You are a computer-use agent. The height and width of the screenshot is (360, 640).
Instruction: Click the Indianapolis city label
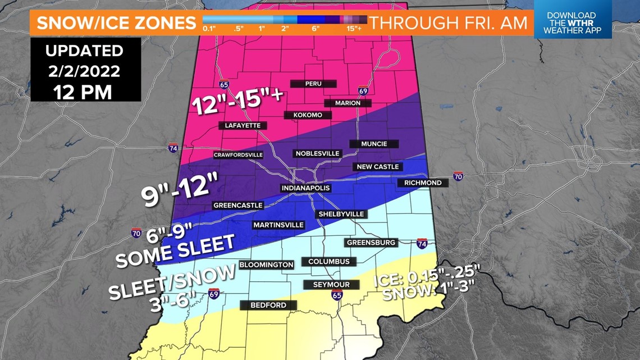[x=305, y=188]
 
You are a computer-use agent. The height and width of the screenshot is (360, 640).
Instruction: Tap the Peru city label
[x=313, y=84]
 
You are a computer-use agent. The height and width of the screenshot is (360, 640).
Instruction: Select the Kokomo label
[x=307, y=115]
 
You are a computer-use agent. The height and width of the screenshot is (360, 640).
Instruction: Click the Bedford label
[x=268, y=305]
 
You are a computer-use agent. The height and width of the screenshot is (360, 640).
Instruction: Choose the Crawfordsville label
[x=238, y=155]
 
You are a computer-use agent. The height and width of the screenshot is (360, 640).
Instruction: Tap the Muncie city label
[x=374, y=144]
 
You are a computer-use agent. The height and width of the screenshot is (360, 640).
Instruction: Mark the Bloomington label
[x=266, y=265]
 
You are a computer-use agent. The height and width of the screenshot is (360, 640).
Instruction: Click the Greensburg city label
[x=371, y=243]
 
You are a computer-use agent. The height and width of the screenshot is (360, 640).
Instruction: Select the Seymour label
[x=331, y=285]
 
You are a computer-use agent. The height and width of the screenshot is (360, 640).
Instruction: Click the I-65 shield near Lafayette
[x=224, y=85]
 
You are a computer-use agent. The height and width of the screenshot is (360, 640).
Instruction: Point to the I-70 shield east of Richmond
[x=458, y=176]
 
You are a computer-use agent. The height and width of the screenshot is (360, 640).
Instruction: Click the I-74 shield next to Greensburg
[x=422, y=243]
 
